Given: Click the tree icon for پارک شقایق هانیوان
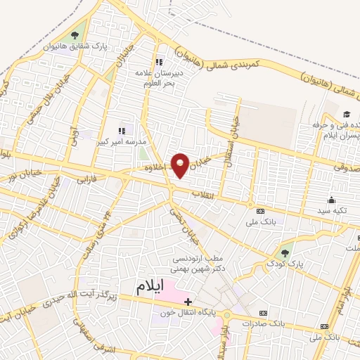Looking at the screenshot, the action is [76, 34].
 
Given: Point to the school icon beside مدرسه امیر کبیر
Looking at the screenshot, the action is [121, 130].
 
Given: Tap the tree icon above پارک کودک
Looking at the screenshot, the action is [285, 252].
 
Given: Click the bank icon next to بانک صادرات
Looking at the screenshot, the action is [263, 313].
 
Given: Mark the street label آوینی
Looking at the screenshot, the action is [74, 131].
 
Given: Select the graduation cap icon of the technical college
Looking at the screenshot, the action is [347, 115].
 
